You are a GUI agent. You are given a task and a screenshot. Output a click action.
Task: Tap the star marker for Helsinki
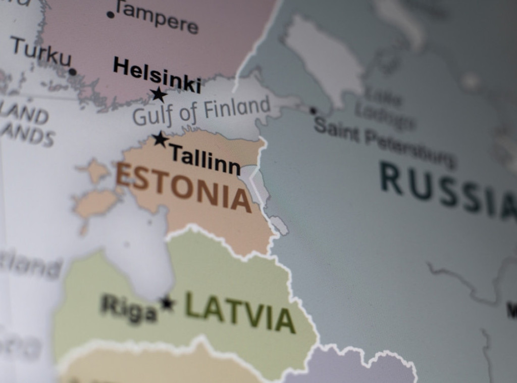pos(159,94)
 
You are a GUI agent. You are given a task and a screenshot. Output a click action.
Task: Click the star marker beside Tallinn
pos(161,139)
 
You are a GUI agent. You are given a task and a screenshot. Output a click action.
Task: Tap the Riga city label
pos(129,308)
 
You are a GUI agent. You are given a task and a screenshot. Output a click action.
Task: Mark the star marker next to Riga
pos(167,303)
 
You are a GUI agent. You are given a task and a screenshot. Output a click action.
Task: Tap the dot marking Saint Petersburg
pos(313,111)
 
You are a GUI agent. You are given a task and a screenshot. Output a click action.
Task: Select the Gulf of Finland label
pos(201,112)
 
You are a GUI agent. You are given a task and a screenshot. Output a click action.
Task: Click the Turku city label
pos(41,52)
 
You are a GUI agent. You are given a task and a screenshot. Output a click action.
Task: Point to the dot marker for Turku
pos(73,72)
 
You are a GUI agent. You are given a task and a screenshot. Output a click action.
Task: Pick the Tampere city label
pos(157,17)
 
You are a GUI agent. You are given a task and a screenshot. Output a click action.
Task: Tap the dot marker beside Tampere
pos(111,15)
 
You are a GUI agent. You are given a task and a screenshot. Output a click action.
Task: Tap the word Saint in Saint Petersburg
pos(336,130)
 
